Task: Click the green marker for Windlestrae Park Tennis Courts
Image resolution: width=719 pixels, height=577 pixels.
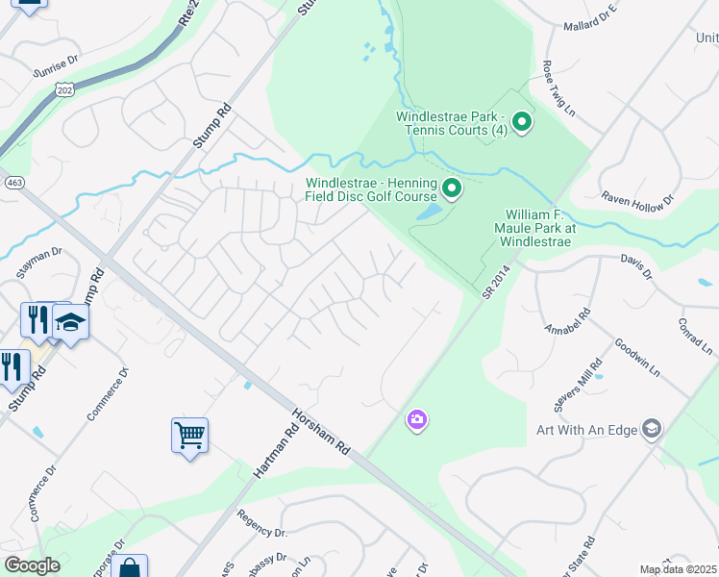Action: pos(522,121)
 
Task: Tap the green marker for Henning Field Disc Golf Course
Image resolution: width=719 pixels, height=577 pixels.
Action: pos(451,188)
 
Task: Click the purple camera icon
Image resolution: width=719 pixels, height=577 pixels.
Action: pos(416,419)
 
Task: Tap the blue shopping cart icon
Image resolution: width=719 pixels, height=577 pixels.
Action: pos(190,434)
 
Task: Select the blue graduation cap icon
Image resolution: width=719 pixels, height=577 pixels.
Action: pos(70,321)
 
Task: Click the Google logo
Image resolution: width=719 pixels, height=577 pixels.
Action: pos(32,565)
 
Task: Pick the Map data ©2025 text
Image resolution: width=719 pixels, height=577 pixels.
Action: pos(678,569)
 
